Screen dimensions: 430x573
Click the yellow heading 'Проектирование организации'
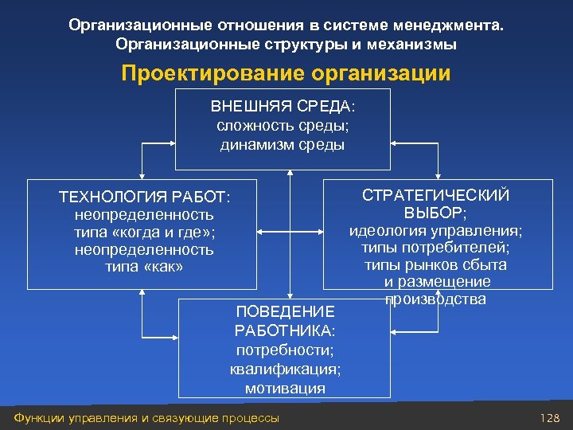point(286,74)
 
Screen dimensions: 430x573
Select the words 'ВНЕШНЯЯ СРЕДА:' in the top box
point(283,107)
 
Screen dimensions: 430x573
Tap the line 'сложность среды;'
point(283,126)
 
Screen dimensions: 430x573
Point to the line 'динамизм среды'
point(283,144)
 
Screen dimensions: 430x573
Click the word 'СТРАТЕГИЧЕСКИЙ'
point(435,196)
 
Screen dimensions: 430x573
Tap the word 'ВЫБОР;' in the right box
point(435,213)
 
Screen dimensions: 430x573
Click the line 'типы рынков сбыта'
point(435,265)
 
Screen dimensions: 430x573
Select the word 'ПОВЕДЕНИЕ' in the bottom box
point(285,311)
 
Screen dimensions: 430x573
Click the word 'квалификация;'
point(285,369)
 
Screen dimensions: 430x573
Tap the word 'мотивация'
point(285,388)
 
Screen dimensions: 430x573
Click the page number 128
point(549,418)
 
